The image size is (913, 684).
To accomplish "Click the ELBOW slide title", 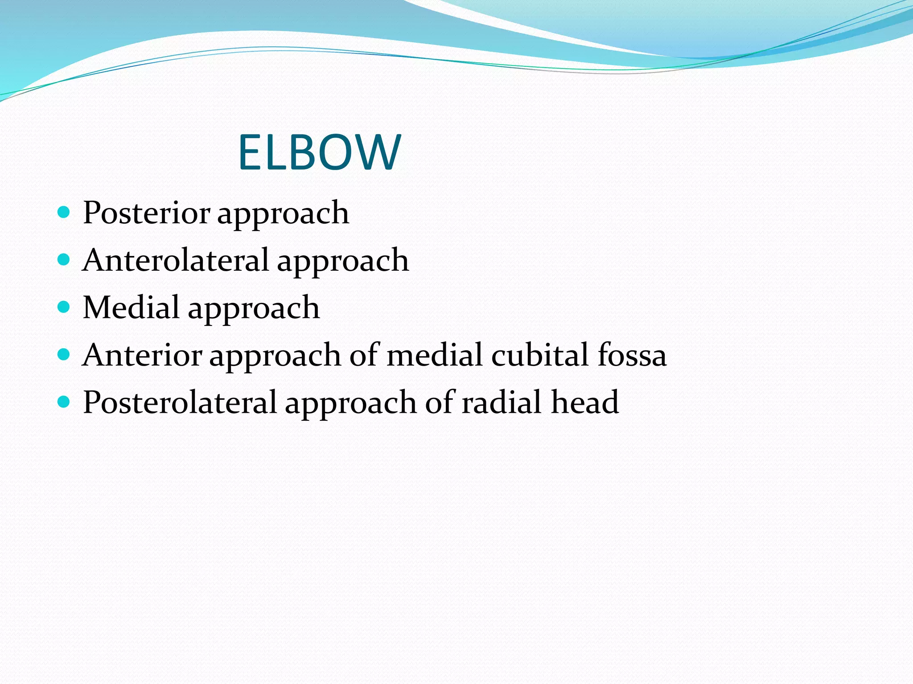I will click(319, 152).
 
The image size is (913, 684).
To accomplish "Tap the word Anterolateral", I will click(176, 260).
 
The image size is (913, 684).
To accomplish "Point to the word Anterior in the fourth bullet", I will click(143, 355).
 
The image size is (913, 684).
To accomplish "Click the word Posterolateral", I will click(180, 402).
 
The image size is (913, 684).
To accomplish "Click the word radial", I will click(502, 402).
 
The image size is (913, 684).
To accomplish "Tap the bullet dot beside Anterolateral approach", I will click(64, 260).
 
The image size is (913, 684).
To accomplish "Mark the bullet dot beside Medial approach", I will click(64, 307).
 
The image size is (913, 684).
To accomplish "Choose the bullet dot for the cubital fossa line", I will click(64, 354).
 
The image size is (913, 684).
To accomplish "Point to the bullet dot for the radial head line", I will click(64, 402).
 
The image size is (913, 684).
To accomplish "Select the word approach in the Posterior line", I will click(283, 215).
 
